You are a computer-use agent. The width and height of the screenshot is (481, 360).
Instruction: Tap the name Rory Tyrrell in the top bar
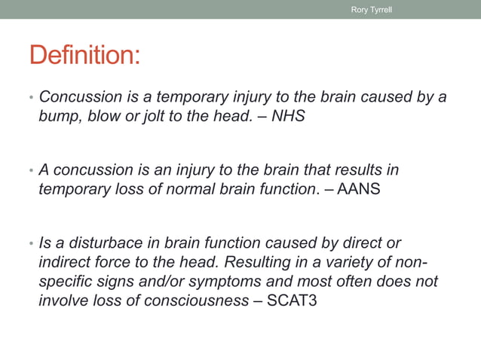click(372, 9)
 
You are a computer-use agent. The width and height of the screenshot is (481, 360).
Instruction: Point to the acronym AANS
click(359, 189)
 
